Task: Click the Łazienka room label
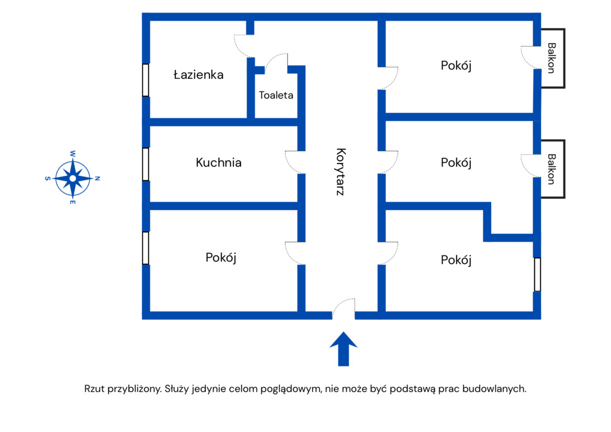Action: (198, 75)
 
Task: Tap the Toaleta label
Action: (276, 95)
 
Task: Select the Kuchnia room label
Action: (218, 162)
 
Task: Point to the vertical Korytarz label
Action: (341, 172)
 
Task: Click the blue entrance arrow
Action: (343, 348)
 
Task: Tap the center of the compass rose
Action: (73, 178)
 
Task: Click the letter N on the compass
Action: (98, 178)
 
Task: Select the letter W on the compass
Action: (73, 153)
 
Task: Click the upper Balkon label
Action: (552, 58)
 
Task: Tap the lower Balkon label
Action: (552, 169)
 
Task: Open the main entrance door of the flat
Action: (344, 308)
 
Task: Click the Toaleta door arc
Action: (277, 63)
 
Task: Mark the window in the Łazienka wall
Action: (146, 79)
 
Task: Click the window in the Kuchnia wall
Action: (146, 163)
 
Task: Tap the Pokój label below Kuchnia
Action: (221, 258)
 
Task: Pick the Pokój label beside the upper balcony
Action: (456, 66)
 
